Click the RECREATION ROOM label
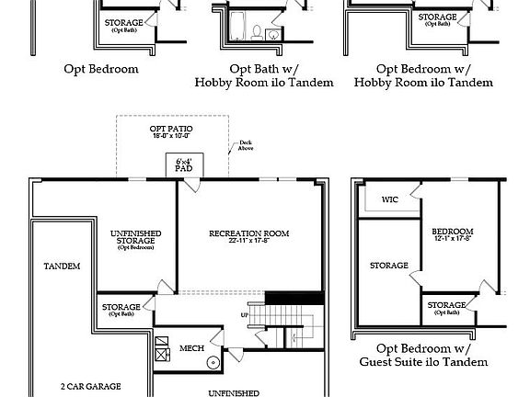pyautogui.click(x=248, y=234)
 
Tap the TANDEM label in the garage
pyautogui.click(x=62, y=266)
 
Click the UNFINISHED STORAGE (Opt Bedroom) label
pyautogui.click(x=135, y=238)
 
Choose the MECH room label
pyautogui.click(x=191, y=348)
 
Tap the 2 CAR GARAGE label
pyautogui.click(x=90, y=387)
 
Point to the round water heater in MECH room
pyautogui.click(x=213, y=362)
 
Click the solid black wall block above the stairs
pyautogui.click(x=294, y=298)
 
